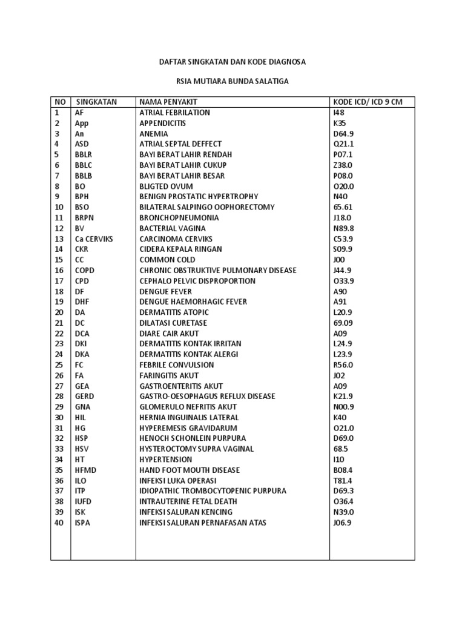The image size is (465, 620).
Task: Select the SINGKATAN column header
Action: pos(96,102)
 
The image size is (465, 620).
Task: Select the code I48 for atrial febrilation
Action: pos(338,113)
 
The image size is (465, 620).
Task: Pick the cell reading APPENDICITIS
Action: pos(163,123)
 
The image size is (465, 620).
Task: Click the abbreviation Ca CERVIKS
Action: pos(94,239)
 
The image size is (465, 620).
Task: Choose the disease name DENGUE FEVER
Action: pos(165,291)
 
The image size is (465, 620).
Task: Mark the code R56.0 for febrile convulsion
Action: pos(342,365)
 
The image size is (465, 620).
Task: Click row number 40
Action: pos(59,523)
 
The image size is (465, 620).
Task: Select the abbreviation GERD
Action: pos(85,396)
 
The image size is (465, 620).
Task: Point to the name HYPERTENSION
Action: pos(164,460)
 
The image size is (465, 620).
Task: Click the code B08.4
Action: pos(342,470)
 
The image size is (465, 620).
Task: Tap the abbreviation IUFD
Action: pos(84,501)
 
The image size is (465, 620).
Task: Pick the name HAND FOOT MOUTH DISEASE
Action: pos(190,470)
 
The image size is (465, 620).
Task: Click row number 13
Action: pos(59,239)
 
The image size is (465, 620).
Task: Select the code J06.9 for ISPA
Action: pos(341,523)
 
